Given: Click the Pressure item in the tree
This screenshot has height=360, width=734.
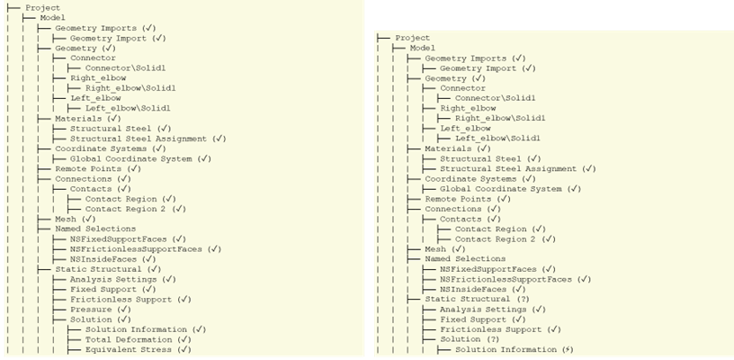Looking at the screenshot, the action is (91, 310).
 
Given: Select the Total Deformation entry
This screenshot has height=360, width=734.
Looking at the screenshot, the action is (129, 339).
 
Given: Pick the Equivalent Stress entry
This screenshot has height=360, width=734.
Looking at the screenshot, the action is (129, 350).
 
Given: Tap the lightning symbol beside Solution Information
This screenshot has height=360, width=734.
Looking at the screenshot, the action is (568, 350).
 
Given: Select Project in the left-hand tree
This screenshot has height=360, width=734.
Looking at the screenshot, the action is (43, 8).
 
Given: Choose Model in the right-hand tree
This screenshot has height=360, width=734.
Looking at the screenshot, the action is (423, 48).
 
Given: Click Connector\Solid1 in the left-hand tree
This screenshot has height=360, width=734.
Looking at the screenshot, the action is (125, 67).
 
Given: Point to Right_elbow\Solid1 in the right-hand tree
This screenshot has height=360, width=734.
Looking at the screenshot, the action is (500, 118).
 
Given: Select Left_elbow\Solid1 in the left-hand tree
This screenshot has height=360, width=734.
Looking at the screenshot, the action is (128, 108).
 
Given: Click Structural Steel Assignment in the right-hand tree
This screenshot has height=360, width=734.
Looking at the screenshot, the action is (508, 168).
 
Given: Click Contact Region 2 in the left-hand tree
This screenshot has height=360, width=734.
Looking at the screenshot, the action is (125, 209).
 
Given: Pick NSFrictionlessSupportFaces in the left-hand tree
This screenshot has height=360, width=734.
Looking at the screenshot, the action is (136, 249).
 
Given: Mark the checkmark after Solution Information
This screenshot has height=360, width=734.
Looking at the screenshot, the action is (200, 329).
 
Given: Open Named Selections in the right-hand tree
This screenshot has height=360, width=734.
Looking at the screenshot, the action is (465, 259).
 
